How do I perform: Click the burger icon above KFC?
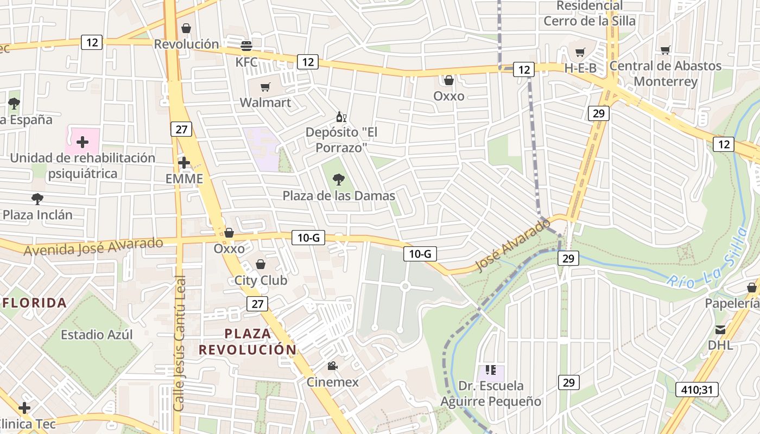tap(246, 46)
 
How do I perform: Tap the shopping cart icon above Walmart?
tap(265, 87)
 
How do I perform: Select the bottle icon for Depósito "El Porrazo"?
tap(341, 117)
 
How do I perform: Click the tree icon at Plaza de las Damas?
tap(339, 179)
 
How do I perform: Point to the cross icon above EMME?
tap(184, 162)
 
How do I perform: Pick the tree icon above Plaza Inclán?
tap(37, 199)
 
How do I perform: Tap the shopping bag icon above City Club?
tap(261, 264)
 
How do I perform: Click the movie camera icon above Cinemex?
tap(332, 366)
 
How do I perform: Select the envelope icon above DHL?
tap(720, 329)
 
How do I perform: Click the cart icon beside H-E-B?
tap(580, 53)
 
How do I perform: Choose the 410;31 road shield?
tap(697, 389)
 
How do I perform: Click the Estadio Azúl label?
tap(97, 334)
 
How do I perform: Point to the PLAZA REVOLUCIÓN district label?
tap(248, 341)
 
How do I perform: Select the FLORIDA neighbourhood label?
tap(35, 303)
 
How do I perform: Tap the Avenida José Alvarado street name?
tap(93, 246)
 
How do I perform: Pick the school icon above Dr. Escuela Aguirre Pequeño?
tap(491, 370)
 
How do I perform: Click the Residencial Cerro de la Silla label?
tap(589, 14)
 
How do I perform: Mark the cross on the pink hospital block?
tap(83, 142)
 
